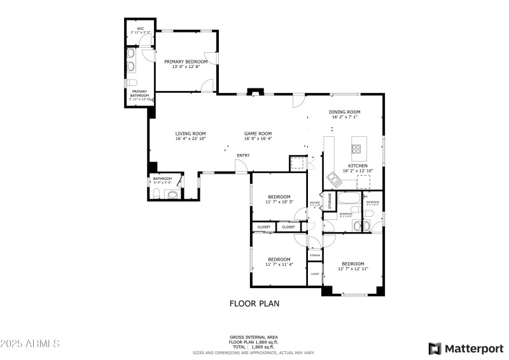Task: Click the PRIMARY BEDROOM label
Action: point(186,62)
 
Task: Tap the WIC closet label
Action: point(139,28)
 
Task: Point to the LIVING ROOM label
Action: point(190,134)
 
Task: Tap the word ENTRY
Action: point(243,155)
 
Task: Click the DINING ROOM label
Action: point(344,112)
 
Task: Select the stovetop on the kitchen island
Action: point(356,150)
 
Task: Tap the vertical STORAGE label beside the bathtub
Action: point(330,202)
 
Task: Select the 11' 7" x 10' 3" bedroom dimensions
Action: point(279,202)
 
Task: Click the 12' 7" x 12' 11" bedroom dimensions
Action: point(352,269)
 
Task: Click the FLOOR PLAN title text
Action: point(254,304)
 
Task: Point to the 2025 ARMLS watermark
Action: point(30,343)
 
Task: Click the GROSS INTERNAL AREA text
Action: point(253,337)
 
